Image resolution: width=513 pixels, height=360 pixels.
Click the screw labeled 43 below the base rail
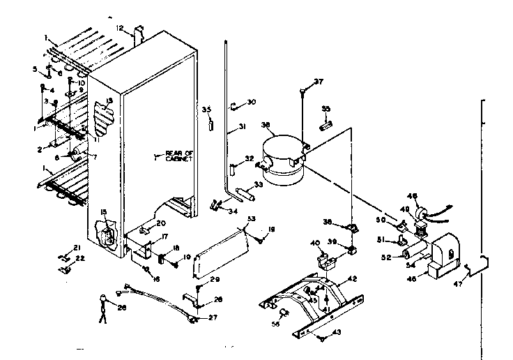pyautogui.click(x=321, y=338)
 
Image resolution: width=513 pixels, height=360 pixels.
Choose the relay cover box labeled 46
pyautogui.click(x=440, y=255)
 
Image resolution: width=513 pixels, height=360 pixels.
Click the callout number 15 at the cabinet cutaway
pyautogui.click(x=104, y=212)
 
